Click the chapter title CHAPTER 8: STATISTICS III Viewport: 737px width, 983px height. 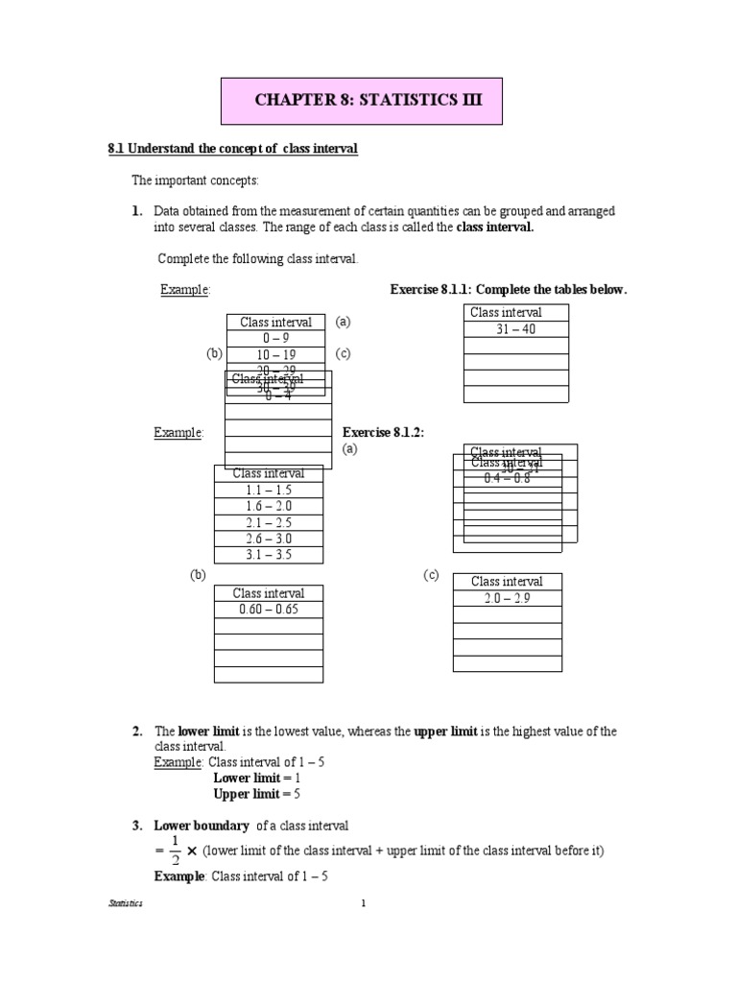(363, 100)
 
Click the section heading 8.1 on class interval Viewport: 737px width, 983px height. (233, 150)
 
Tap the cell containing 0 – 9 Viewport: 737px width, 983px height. (274, 338)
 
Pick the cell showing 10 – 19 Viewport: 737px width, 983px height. (274, 354)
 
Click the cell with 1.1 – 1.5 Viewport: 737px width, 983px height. (268, 490)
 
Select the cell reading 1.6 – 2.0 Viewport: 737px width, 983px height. (268, 506)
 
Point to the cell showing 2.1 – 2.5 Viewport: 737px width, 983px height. (268, 522)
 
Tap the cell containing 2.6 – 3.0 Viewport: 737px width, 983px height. (268, 539)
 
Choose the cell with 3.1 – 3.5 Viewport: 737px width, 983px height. (268, 555)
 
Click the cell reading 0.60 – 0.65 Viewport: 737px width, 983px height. (268, 610)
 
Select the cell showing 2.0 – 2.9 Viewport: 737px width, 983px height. (507, 598)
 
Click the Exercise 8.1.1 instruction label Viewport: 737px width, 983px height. (508, 290)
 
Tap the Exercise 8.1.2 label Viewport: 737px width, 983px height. (383, 433)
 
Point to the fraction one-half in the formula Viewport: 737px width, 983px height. (175, 851)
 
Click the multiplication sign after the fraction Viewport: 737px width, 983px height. (192, 851)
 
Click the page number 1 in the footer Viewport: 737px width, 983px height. (364, 903)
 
